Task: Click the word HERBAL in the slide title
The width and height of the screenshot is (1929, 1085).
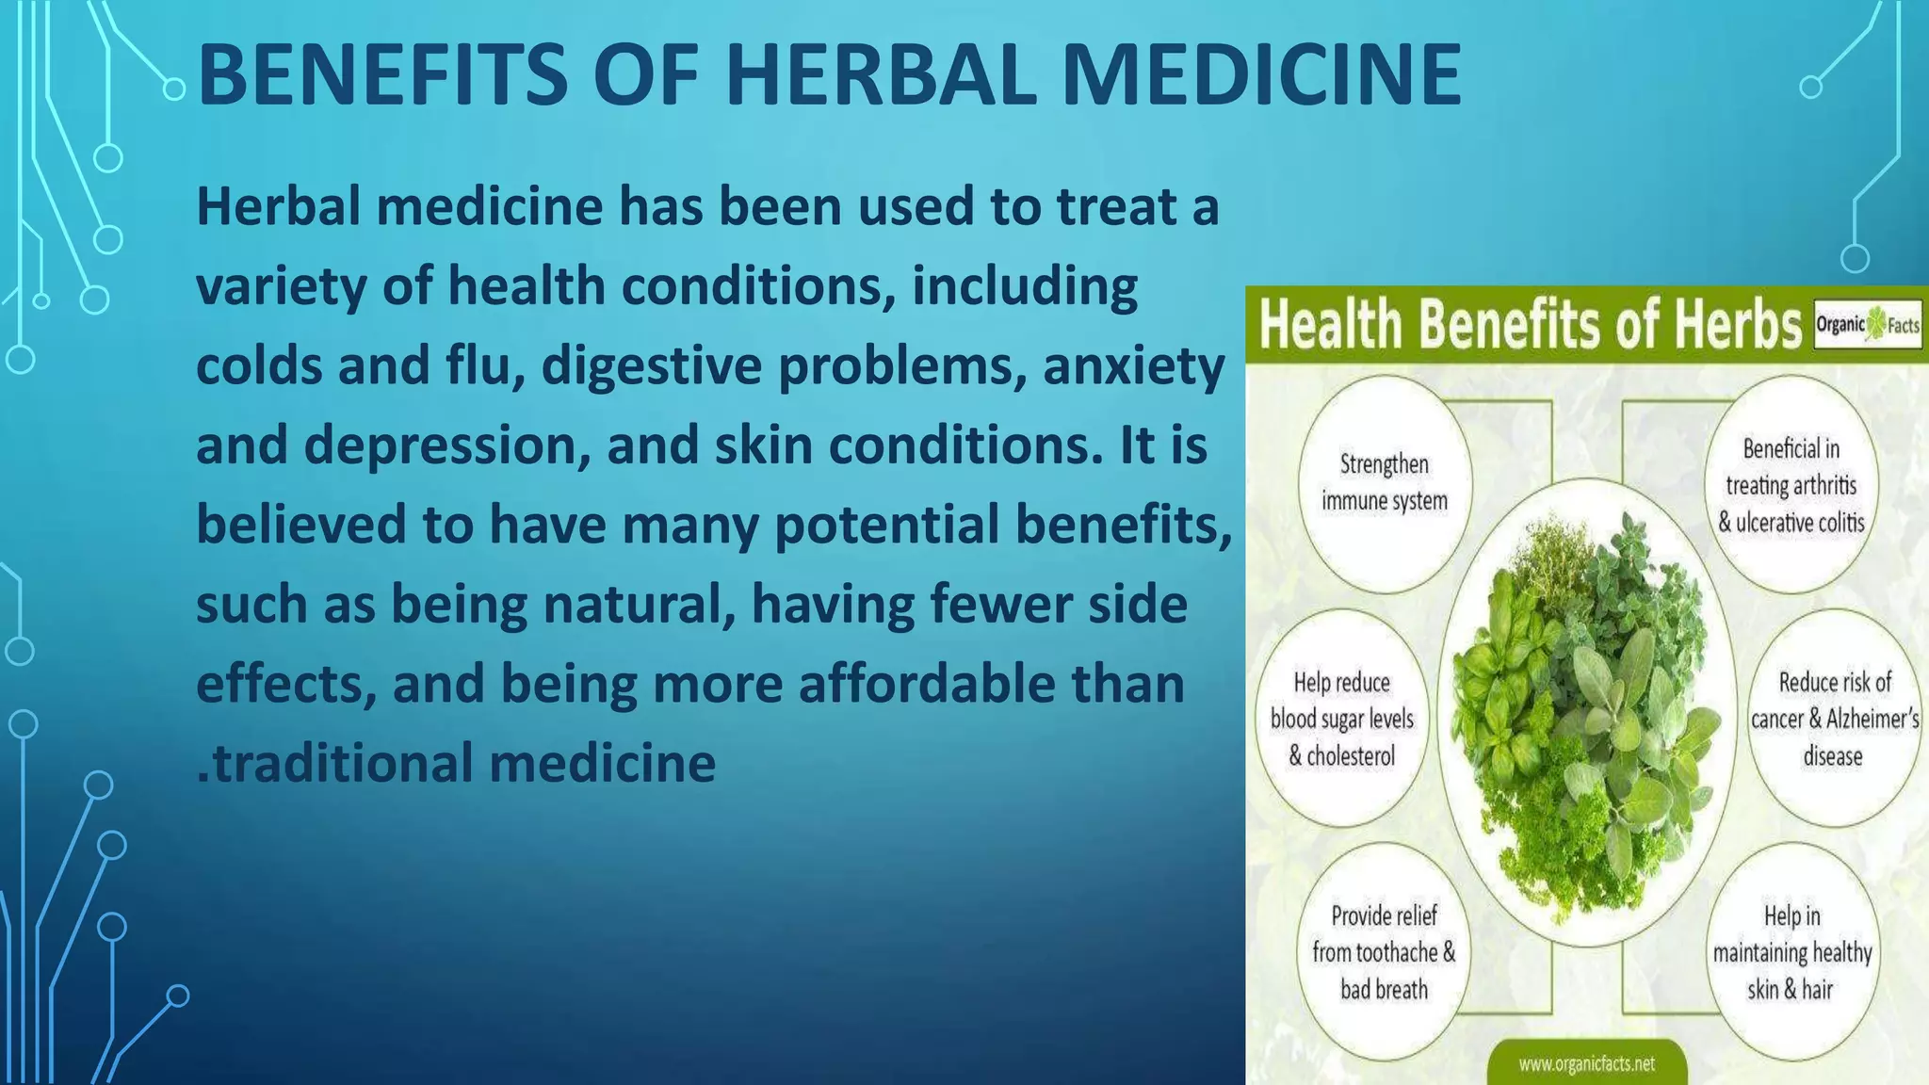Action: coord(881,75)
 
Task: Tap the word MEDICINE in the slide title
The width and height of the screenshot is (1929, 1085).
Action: coord(1261,75)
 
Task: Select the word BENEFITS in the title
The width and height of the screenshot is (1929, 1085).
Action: coord(382,75)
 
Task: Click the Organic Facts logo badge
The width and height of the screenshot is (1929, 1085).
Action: coord(1868,326)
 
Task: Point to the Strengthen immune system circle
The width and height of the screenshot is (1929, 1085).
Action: coord(1384,483)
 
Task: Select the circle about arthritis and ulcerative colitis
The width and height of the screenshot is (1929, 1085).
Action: coord(1791,485)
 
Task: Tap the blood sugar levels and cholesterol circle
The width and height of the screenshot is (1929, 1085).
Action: coord(1341,719)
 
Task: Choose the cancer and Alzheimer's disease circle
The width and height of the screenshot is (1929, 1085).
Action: coord(1834,719)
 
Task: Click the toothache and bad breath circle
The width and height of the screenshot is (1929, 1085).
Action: coord(1383,952)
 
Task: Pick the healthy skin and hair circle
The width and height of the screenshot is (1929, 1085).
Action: coord(1791,952)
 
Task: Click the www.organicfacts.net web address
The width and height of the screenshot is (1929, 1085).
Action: coord(1586,1064)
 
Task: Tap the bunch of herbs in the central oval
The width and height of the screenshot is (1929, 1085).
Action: coord(1586,716)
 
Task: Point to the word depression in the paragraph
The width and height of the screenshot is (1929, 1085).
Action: coord(439,445)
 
